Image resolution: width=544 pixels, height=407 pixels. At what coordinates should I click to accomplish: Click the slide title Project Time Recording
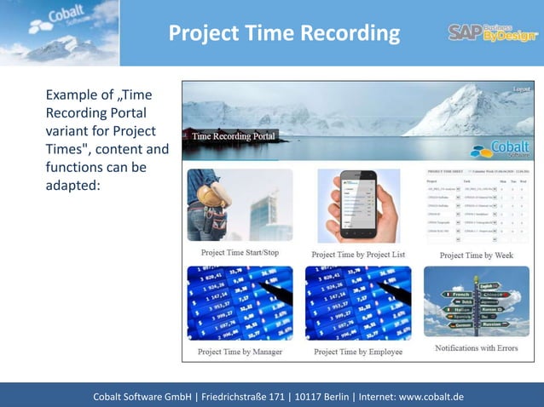284,33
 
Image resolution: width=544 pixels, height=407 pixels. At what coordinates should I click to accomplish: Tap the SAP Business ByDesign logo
492,32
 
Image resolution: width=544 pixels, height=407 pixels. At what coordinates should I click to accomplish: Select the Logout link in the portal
521,89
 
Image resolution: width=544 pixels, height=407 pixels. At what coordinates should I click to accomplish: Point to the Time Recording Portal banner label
234,136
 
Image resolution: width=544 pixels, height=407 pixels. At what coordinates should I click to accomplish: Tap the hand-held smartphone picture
359,207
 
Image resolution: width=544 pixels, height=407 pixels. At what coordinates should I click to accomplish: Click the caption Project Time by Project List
358,254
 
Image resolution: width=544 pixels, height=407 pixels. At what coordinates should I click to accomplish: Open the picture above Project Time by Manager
240,304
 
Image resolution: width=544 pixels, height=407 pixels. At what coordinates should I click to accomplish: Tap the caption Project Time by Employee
358,351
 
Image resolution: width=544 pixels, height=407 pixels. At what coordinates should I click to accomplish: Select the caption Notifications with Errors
477,347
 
